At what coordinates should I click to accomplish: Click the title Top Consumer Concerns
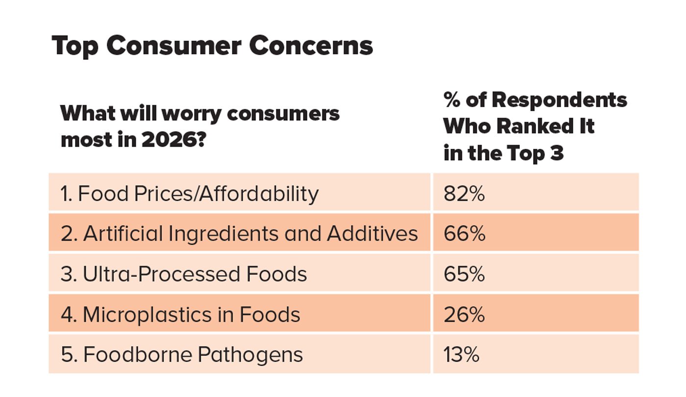point(212,46)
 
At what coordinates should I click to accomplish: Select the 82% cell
point(464,194)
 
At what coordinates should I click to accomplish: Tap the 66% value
point(464,234)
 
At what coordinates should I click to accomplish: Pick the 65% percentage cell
point(464,274)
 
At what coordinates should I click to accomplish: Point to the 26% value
point(464,314)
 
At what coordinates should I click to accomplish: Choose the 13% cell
point(461,354)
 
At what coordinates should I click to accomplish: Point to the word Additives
point(372,234)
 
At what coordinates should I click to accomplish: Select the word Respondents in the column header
point(559,100)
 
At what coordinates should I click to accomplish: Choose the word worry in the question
point(193,114)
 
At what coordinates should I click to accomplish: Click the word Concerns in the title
point(311,46)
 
